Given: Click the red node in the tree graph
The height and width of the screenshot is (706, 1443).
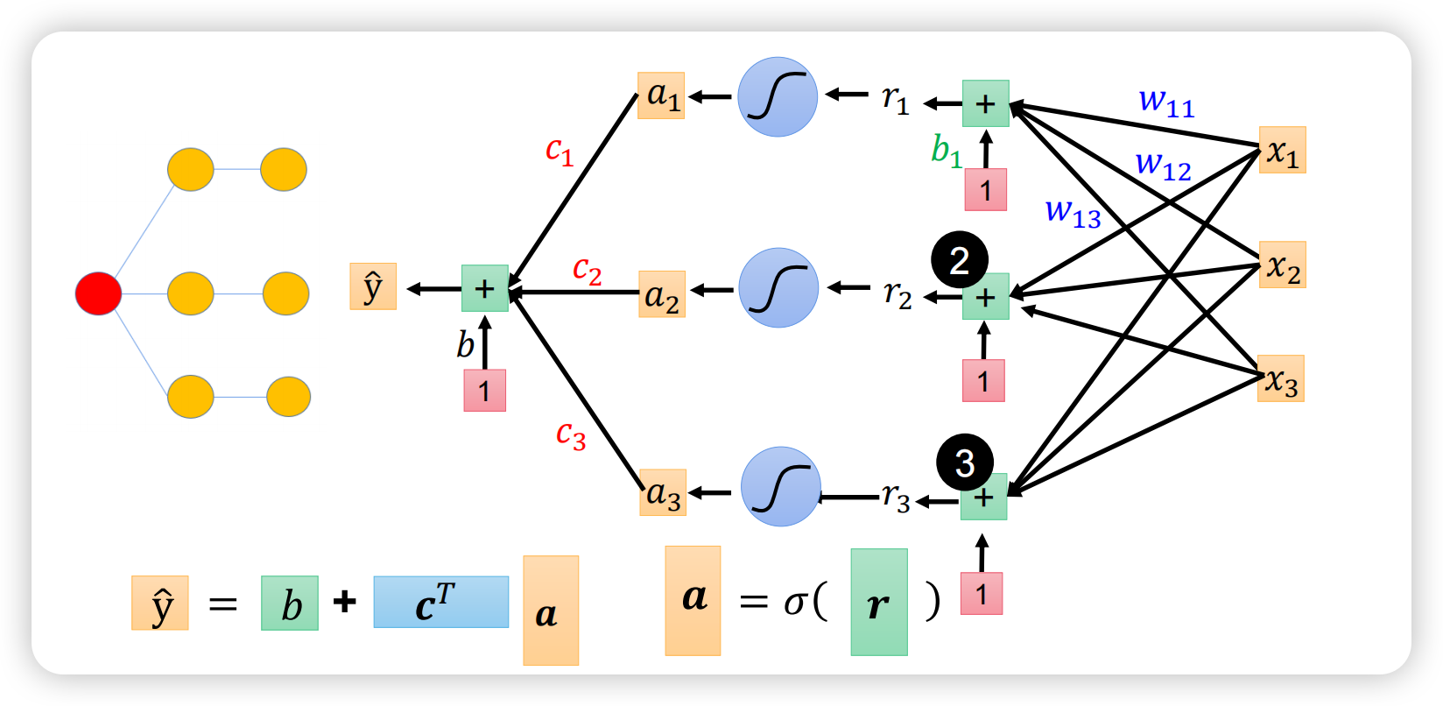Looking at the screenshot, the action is click(x=99, y=293).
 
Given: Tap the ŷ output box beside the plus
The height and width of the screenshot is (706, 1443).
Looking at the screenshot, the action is click(x=373, y=286).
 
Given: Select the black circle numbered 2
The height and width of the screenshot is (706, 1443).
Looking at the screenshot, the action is click(x=960, y=260).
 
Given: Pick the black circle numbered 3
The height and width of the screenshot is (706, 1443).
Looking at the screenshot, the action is click(x=964, y=462).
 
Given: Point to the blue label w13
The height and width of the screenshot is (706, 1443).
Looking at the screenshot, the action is click(x=1073, y=214).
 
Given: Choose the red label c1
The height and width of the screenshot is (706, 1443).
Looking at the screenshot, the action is click(x=560, y=152).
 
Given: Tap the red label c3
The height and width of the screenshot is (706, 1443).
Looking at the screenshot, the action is click(x=571, y=436).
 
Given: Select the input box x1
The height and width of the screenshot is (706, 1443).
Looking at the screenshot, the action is click(x=1283, y=150).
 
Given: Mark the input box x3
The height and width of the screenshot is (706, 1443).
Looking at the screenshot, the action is click(x=1281, y=378).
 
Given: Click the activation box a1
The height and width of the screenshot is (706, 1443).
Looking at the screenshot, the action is click(x=661, y=95).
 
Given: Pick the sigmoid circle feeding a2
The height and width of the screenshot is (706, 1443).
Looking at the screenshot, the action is click(x=778, y=288).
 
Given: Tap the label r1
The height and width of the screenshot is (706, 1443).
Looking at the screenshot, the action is click(x=896, y=100).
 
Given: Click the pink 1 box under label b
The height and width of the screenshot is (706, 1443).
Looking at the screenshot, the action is click(x=485, y=391).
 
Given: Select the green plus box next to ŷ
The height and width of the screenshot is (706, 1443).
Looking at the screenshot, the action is click(x=485, y=288).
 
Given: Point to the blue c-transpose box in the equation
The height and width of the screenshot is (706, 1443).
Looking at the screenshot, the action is click(x=441, y=603).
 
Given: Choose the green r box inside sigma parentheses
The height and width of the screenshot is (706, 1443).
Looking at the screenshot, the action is click(x=879, y=603).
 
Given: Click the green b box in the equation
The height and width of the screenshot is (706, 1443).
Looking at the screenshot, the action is click(x=290, y=603).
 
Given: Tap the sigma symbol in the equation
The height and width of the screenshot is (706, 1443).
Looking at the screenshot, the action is click(x=796, y=604).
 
